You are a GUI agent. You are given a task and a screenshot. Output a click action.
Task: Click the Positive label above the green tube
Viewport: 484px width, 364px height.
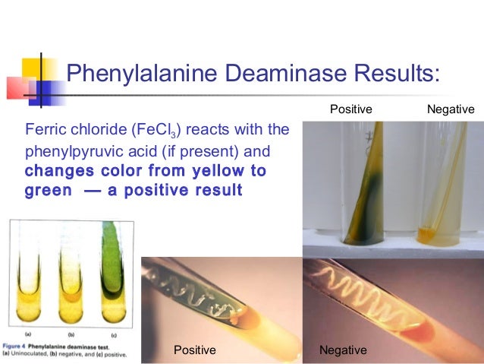point(350,110)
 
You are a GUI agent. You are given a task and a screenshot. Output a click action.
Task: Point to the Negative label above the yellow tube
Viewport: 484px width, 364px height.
point(451,110)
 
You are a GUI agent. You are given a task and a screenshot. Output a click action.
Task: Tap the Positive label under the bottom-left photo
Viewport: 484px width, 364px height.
point(195,350)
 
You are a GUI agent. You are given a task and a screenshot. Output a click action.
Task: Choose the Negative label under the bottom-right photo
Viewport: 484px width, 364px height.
point(343,350)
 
